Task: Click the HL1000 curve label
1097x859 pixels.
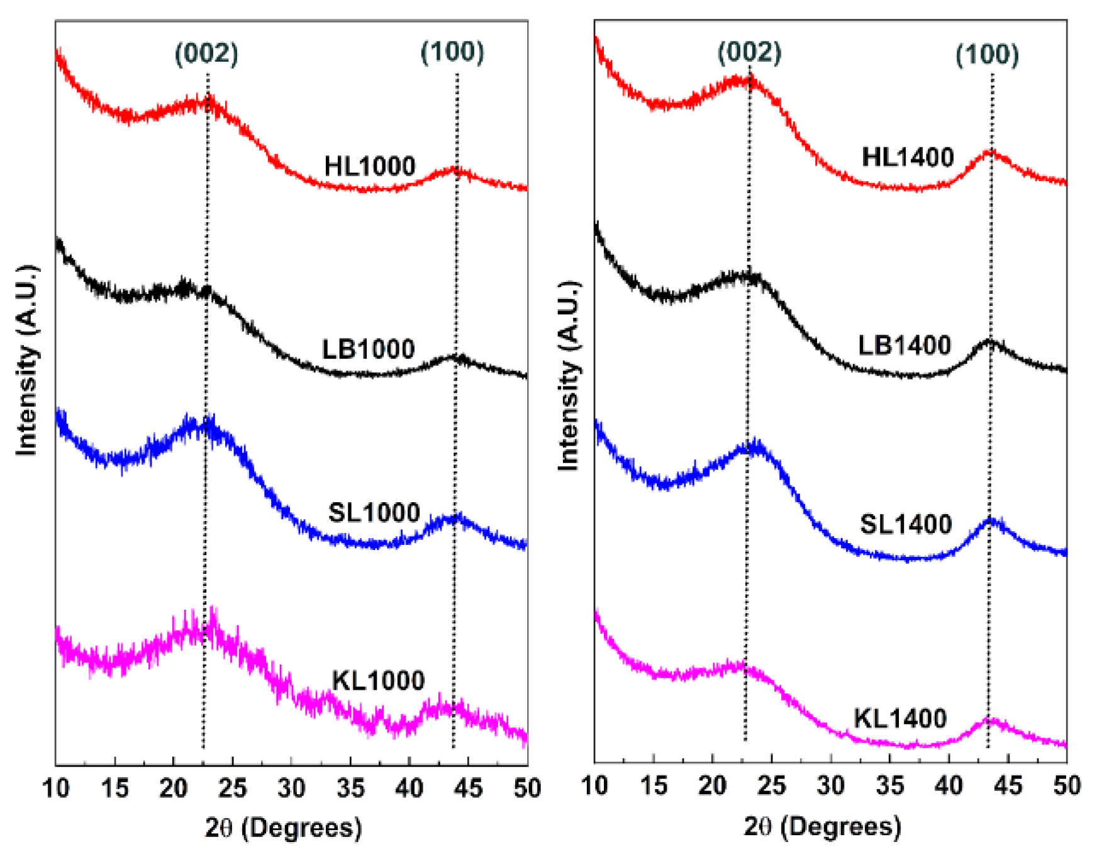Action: coord(370,166)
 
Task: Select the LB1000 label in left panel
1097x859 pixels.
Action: coord(369,349)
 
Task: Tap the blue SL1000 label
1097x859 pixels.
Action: coord(374,512)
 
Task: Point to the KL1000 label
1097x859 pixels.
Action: coord(378,680)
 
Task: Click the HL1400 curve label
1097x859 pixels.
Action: coord(908,157)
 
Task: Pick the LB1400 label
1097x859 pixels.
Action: coord(905,345)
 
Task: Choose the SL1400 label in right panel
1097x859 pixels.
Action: coord(906,524)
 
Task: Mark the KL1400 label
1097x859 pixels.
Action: coord(900,718)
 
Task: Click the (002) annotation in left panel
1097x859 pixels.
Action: coord(206,53)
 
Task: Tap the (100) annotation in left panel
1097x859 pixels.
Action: coord(452,52)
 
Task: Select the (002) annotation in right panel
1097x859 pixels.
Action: coord(750,52)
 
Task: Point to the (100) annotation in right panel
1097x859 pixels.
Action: coord(987,55)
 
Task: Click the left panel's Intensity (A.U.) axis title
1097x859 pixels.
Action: coord(27,360)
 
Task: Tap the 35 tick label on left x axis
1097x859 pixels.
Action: coord(350,788)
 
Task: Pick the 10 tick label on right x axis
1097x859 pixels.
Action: coord(594,785)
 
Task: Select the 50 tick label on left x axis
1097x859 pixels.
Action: coord(527,788)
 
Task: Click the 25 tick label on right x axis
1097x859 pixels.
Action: coord(771,785)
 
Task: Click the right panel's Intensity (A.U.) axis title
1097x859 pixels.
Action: coord(569,375)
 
